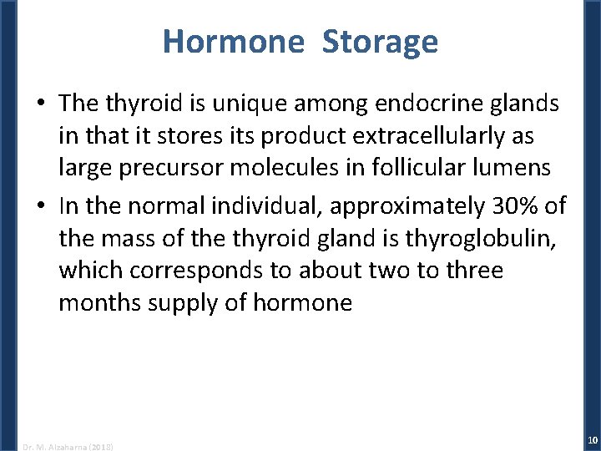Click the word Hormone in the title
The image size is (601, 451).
[233, 41]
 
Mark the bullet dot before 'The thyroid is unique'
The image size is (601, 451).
[41, 104]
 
